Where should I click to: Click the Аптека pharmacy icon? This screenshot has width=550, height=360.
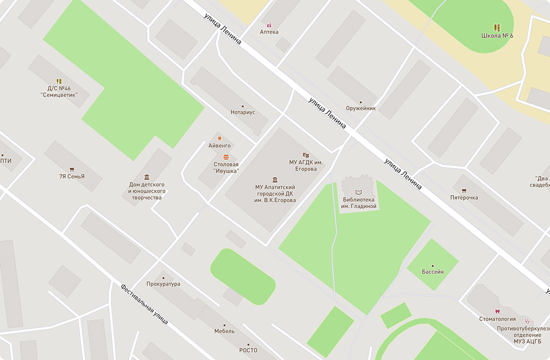coord(269,25)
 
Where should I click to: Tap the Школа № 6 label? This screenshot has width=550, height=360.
coord(497,36)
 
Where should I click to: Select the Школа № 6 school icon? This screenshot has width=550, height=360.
coord(497,27)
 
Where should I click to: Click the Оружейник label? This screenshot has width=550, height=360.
coord(361,108)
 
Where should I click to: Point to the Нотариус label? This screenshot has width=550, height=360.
coord(242,113)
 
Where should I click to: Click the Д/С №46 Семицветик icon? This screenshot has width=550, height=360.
coord(59,81)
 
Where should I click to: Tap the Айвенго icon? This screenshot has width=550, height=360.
coord(219,138)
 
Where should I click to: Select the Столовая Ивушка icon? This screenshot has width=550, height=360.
coord(226,157)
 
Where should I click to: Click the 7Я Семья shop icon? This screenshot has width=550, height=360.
coord(71,169)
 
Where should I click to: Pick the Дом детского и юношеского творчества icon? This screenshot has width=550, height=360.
coord(147,177)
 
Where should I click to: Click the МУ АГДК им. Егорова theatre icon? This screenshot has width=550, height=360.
coord(306,155)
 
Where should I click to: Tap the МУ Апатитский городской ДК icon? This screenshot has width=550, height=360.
coord(275,179)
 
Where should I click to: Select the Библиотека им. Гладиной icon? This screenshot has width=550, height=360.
coord(359,192)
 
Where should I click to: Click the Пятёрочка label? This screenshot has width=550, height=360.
coord(464,198)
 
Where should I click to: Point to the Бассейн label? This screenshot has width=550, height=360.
coord(433,272)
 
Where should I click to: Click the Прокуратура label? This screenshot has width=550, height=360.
coord(163,284)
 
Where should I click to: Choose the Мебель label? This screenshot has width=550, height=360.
coord(224,331)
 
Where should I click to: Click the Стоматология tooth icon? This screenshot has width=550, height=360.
coord(497,311)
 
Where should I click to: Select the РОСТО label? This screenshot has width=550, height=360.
coord(248,350)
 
